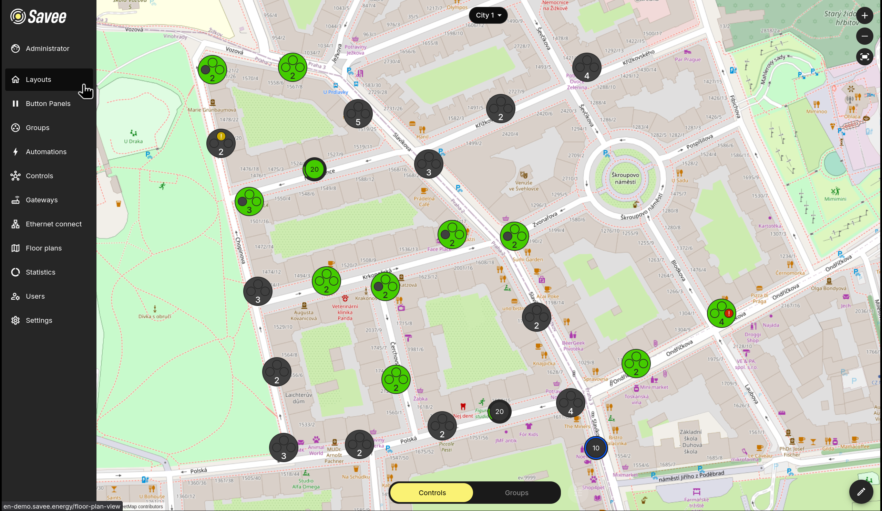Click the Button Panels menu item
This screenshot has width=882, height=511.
[48, 104]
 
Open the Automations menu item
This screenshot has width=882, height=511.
[46, 152]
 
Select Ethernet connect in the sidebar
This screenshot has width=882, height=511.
[53, 224]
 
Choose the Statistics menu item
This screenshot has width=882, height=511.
[40, 272]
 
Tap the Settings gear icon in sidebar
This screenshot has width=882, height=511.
[16, 320]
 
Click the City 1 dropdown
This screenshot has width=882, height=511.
[488, 15]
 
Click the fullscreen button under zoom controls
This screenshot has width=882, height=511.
[864, 57]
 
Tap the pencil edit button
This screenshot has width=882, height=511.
[861, 492]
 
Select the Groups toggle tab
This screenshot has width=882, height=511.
[516, 493]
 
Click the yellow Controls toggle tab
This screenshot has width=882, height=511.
[432, 493]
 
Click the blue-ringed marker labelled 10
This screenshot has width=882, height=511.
[595, 448]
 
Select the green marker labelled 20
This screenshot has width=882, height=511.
[314, 169]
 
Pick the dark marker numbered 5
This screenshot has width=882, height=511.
[358, 114]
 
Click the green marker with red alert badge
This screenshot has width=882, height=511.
[721, 313]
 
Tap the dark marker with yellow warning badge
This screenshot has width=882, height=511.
[220, 143]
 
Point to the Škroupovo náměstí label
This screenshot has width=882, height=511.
[625, 178]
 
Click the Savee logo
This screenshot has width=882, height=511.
[39, 17]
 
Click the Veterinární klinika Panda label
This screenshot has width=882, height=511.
[345, 312]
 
